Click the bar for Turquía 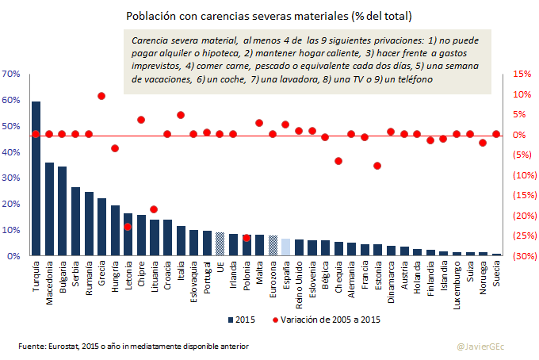(36, 178)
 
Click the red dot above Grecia (101, 96)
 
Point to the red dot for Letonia (128, 227)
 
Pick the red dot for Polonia (247, 238)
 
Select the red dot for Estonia (377, 166)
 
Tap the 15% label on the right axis (522, 74)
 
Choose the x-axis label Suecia (496, 274)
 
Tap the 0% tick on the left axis (13, 256)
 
